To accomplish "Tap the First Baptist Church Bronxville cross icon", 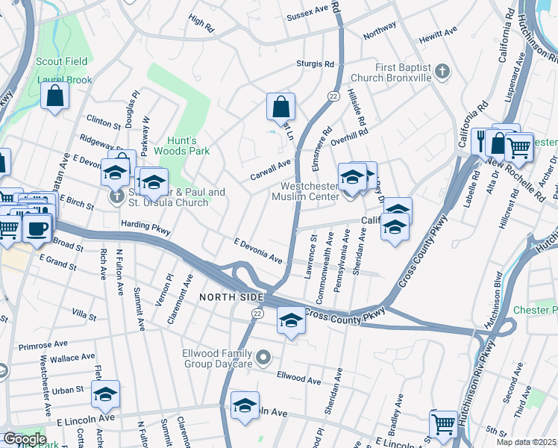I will (x=443, y=72).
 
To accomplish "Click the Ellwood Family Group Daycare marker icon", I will (x=263, y=359).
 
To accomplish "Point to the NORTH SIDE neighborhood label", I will (x=231, y=297).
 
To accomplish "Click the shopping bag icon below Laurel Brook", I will (x=55, y=96).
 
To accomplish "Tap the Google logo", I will (x=24, y=439).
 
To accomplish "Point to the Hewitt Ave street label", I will (x=439, y=34).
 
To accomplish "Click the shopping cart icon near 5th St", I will (x=444, y=423).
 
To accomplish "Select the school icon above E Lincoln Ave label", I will (x=105, y=393).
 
